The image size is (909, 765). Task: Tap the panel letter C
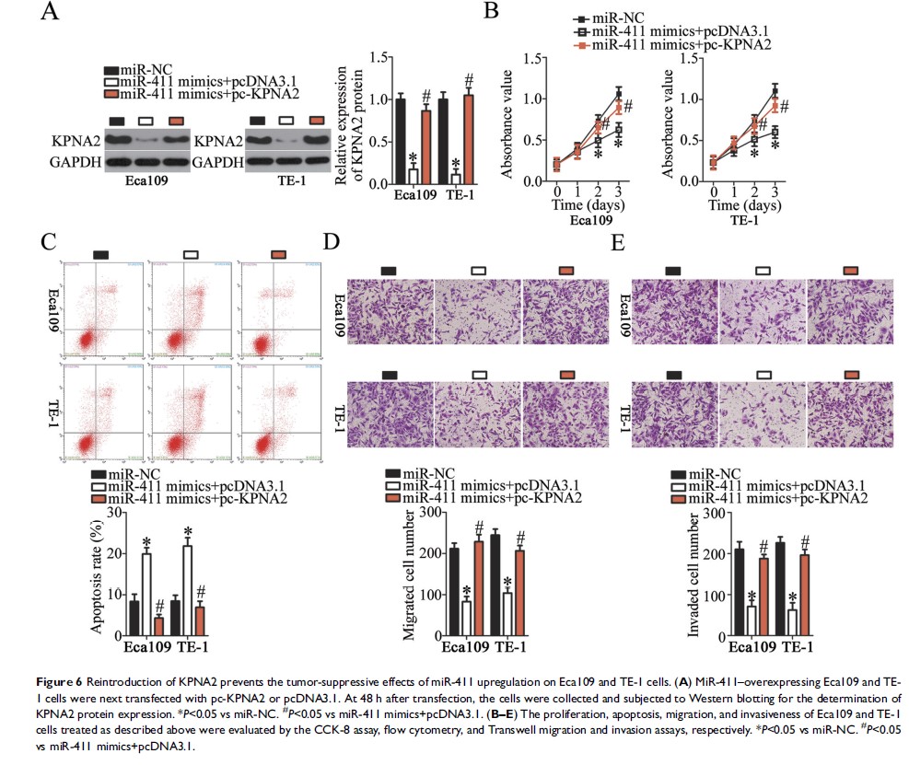51,242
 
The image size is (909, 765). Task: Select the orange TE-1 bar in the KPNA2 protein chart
469,139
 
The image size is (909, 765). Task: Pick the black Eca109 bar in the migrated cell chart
453,590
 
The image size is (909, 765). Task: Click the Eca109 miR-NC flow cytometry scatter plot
99,308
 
